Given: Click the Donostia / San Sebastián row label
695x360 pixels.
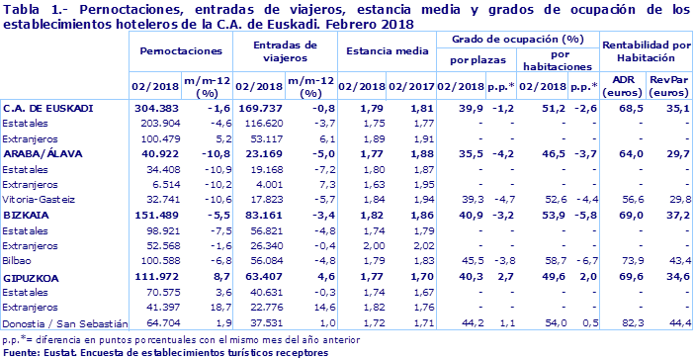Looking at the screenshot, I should [65, 322].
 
